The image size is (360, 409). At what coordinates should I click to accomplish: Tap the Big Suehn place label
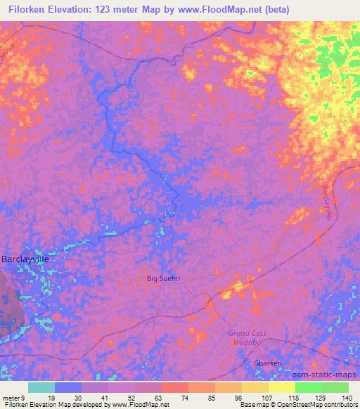pyautogui.click(x=163, y=278)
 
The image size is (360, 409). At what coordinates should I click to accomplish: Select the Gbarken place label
pyautogui.click(x=267, y=363)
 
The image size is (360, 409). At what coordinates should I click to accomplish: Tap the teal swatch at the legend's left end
pyautogui.click(x=41, y=387)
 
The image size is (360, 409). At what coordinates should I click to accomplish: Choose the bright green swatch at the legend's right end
pyautogui.click(x=335, y=387)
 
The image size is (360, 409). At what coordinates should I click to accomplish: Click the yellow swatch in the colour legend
pyautogui.click(x=281, y=387)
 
